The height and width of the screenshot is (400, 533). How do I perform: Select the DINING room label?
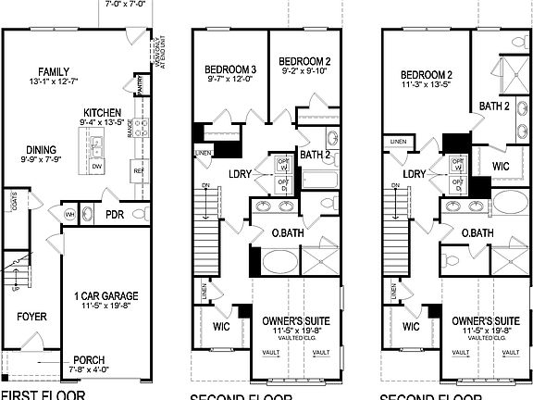tap(41, 149)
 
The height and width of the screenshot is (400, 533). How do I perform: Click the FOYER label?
tap(31, 317)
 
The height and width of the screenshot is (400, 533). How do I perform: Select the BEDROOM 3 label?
tap(230, 69)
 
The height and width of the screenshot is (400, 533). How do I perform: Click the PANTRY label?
tap(139, 85)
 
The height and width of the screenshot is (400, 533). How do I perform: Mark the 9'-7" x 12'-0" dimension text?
tap(229, 80)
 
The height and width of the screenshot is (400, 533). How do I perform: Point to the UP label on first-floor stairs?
tap(13, 286)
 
